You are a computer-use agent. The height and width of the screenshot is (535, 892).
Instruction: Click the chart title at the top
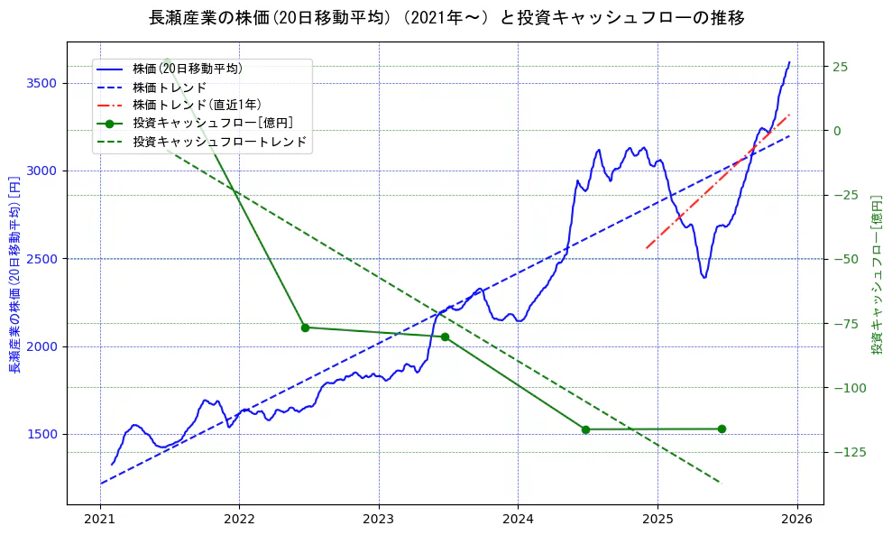446,17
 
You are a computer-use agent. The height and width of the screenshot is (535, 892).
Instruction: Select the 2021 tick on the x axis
100,520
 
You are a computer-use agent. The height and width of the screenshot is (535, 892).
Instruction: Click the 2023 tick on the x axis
379,520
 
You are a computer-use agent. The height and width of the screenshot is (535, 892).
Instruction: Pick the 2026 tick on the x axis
796,520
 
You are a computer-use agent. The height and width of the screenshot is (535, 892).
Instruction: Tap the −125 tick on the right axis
846,452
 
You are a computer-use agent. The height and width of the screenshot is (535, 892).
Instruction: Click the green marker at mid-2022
305,327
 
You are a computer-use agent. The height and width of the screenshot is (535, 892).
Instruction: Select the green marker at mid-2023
445,337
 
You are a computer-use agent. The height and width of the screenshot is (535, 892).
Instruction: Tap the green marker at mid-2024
585,429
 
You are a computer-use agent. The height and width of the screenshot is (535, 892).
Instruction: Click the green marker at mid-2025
722,429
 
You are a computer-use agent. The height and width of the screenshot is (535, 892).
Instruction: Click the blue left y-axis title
14,273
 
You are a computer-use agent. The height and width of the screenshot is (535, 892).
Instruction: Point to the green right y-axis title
877,273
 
